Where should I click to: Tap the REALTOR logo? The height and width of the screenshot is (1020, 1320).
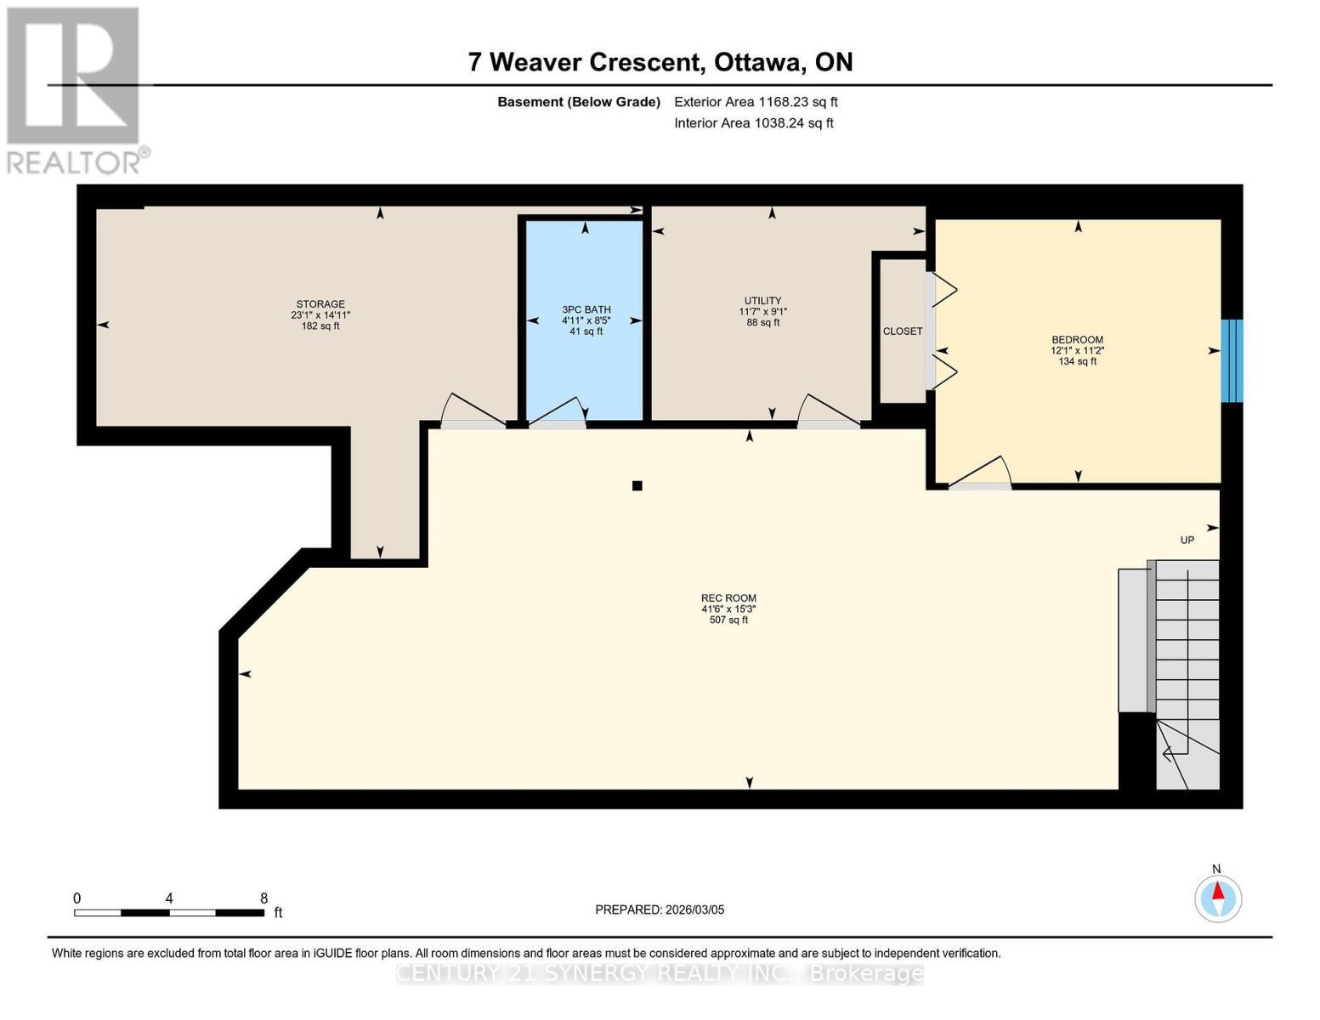pyautogui.click(x=75, y=89)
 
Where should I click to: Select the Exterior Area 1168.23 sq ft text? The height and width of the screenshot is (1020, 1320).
pyautogui.click(x=755, y=102)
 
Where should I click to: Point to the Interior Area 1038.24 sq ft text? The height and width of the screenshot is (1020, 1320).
pyautogui.click(x=753, y=123)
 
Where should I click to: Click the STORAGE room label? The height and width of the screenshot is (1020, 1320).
pyautogui.click(x=320, y=304)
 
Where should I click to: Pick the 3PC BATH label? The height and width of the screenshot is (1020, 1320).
pyautogui.click(x=586, y=310)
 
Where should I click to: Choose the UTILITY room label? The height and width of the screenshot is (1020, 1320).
pyautogui.click(x=762, y=301)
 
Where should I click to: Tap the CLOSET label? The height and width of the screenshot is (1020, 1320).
pyautogui.click(x=902, y=331)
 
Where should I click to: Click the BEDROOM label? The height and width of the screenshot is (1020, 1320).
pyautogui.click(x=1077, y=340)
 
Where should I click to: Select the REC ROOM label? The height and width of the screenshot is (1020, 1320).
pyautogui.click(x=728, y=598)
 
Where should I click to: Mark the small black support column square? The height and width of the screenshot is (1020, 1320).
pyautogui.click(x=637, y=486)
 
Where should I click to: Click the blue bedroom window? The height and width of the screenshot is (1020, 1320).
pyautogui.click(x=1232, y=360)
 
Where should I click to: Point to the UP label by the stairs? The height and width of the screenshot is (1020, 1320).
pyautogui.click(x=1187, y=541)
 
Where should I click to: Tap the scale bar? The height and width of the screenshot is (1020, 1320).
pyautogui.click(x=168, y=913)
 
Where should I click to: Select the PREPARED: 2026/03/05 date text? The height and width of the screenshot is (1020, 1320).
pyautogui.click(x=660, y=909)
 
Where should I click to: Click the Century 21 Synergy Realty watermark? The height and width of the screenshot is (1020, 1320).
pyautogui.click(x=660, y=973)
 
